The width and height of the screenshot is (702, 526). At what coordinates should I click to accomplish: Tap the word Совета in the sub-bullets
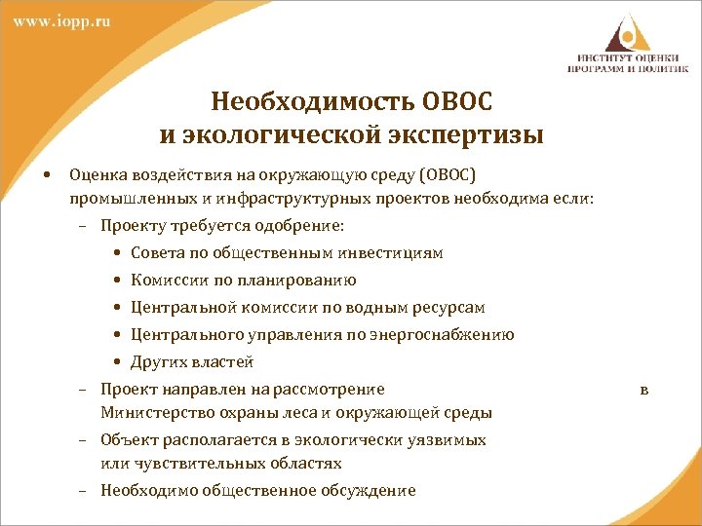coord(157,253)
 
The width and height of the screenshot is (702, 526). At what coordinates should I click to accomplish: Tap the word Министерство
coord(151,413)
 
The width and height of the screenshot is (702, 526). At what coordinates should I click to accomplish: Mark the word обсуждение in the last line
coord(368,491)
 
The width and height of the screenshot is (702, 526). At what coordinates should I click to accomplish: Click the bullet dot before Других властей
coord(117,362)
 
